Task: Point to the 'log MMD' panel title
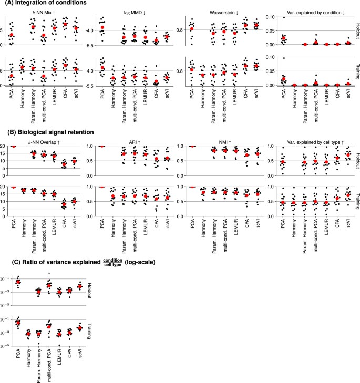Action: (131, 12)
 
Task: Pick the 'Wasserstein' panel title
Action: (220, 12)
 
